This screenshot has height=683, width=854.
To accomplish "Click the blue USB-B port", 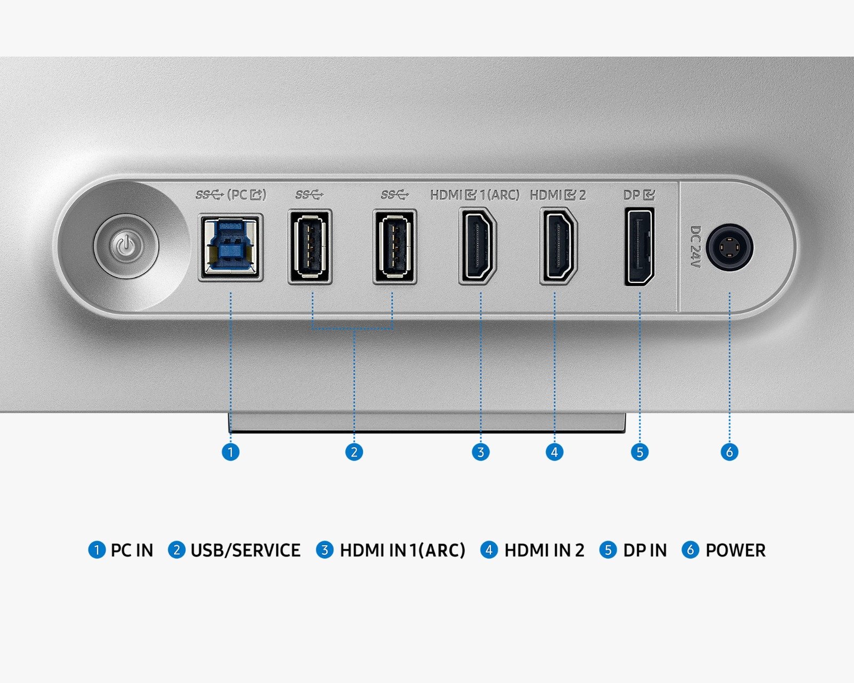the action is [231, 248].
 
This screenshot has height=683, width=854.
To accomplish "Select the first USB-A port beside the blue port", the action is [310, 247].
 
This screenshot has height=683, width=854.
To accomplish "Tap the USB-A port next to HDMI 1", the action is [395, 247].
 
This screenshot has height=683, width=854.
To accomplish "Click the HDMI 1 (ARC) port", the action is [478, 246].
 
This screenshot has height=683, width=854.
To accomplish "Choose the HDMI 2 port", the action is [559, 246].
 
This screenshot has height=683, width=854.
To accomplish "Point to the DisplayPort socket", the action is [639, 247].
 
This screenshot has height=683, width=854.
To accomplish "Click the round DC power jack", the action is [730, 248].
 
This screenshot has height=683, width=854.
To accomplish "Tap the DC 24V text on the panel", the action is [695, 247].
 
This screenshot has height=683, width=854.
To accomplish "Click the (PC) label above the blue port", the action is [247, 195].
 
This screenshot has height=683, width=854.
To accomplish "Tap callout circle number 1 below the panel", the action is [231, 452].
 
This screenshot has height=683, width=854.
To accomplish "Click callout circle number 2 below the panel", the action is [354, 452].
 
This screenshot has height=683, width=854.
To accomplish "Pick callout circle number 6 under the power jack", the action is [730, 452].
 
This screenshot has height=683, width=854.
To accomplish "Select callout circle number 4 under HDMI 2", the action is [555, 452].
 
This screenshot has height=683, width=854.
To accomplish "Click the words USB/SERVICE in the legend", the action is [246, 551].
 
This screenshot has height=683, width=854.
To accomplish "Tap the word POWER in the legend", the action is [736, 551].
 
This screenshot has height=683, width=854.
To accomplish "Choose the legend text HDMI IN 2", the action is [544, 551].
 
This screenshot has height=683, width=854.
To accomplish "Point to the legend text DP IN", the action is [645, 551].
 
